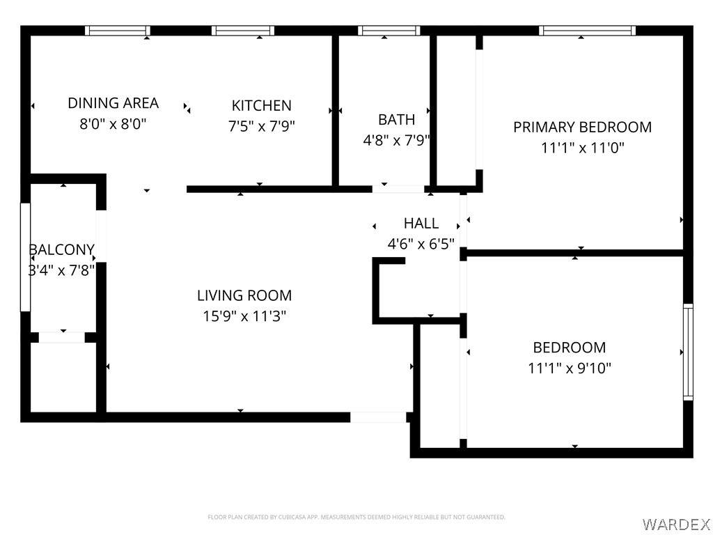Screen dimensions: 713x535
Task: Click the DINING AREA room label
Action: (x=113, y=103)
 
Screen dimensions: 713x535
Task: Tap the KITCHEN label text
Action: (x=262, y=106)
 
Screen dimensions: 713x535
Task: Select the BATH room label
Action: (x=396, y=120)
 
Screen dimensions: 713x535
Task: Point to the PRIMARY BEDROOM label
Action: (x=583, y=127)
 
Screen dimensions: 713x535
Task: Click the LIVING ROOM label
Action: (x=244, y=295)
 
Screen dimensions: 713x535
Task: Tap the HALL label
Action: (x=421, y=224)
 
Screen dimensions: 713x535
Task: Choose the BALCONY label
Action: (x=62, y=250)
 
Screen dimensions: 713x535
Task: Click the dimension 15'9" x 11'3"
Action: (x=244, y=316)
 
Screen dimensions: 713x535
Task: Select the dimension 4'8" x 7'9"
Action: (x=396, y=140)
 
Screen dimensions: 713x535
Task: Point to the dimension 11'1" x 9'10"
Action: (x=570, y=368)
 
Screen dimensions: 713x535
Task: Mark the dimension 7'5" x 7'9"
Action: (x=262, y=125)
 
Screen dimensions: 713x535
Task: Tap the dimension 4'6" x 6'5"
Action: (x=421, y=244)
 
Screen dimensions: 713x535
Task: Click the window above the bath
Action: (x=389, y=31)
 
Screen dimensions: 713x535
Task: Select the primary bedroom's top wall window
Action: (x=587, y=31)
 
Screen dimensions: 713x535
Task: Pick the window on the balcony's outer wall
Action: (x=26, y=257)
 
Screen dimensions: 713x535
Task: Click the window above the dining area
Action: (x=117, y=31)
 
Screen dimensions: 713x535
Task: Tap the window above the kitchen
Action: (x=243, y=31)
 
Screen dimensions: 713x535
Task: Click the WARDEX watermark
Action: (x=675, y=525)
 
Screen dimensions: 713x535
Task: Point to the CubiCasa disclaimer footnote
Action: (x=356, y=518)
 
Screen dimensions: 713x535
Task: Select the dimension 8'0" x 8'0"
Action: (x=113, y=123)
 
